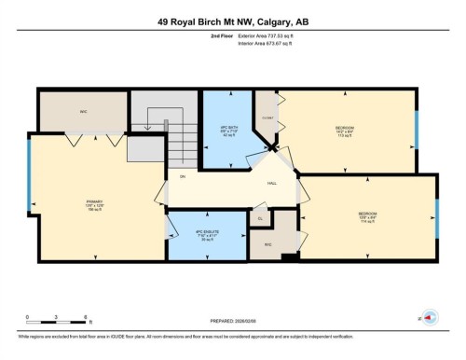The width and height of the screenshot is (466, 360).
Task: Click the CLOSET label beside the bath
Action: coord(267,118)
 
